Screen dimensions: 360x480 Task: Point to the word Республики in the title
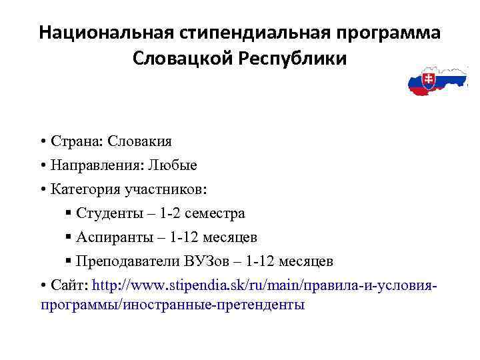click(291, 59)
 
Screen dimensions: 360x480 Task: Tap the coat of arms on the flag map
click(429, 82)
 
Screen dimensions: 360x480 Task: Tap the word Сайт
click(67, 285)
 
